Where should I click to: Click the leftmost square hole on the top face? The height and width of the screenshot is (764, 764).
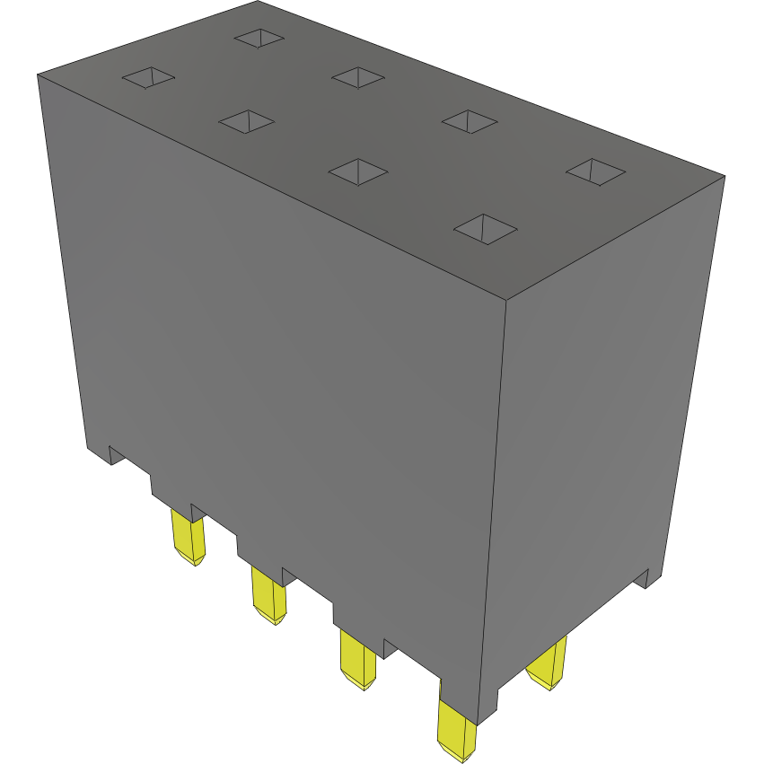click(x=148, y=78)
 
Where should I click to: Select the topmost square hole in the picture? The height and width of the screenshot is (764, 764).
click(x=259, y=38)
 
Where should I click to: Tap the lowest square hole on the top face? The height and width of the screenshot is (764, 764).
click(x=486, y=229)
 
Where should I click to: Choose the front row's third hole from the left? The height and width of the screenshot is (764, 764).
click(x=358, y=171)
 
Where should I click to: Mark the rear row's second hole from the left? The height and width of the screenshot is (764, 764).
click(x=359, y=77)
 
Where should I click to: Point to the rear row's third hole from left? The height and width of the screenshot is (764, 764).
click(x=470, y=121)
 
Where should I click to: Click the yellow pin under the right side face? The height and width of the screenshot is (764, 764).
click(x=548, y=663)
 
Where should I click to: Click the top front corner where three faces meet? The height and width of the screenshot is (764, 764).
click(x=505, y=298)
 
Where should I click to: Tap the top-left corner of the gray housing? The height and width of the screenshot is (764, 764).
click(x=38, y=75)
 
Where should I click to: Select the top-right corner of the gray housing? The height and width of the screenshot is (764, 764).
click(x=724, y=176)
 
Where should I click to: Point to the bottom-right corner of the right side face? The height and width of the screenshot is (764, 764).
click(x=665, y=567)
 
